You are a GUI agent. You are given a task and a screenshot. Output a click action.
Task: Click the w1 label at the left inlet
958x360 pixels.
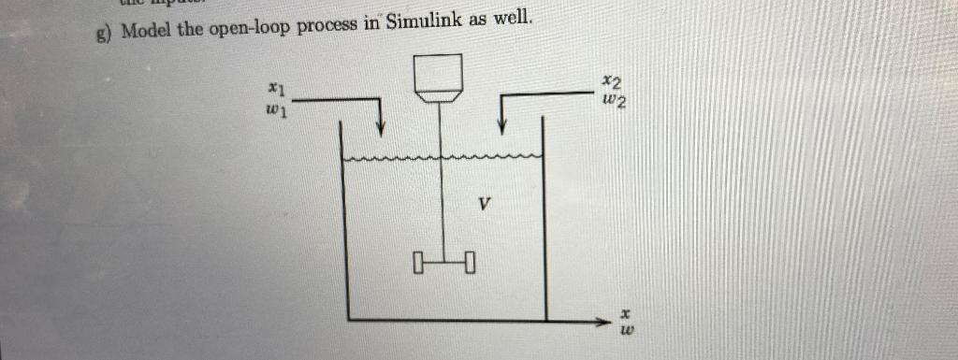(274, 110)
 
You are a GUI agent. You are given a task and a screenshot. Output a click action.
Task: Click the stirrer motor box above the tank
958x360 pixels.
(439, 75)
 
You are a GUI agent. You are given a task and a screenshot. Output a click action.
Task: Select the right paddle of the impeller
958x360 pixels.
(469, 260)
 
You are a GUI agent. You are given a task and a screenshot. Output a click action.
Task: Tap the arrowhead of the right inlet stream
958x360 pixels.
(503, 127)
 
